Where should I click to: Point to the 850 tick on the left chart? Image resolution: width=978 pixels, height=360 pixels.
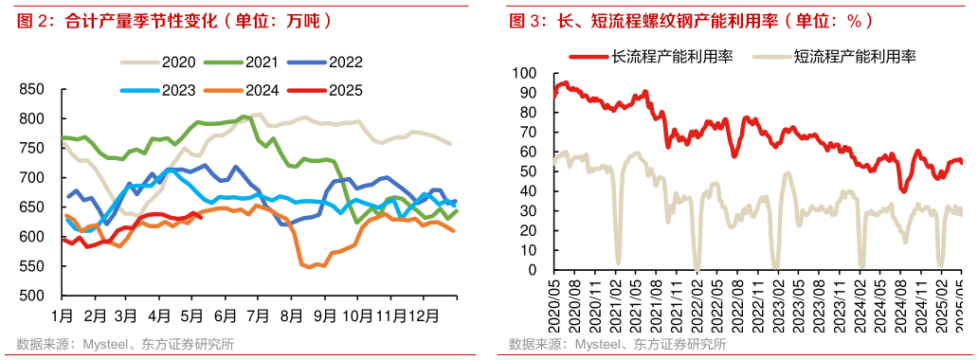pos(31,89)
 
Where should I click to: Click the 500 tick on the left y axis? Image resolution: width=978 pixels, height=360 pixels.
pos(31,296)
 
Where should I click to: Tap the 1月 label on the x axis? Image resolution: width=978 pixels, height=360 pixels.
pos(62,314)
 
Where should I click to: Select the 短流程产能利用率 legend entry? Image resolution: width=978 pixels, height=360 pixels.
pos(833,57)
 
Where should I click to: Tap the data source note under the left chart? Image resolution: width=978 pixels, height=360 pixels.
pos(124,344)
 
